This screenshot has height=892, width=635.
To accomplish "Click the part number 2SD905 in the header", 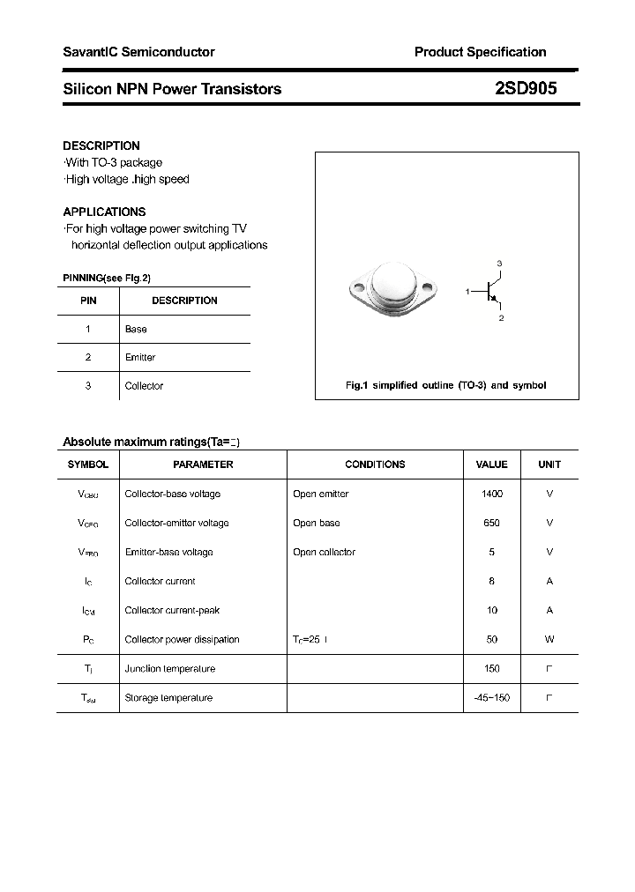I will click(525, 89).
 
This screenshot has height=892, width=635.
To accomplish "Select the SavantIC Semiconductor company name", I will click(138, 52).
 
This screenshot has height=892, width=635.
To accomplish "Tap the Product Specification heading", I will click(480, 52).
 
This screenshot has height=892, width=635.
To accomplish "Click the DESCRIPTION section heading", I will click(101, 145).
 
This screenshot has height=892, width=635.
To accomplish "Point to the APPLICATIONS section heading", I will click(104, 212).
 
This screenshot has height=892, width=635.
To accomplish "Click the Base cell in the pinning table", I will click(136, 329).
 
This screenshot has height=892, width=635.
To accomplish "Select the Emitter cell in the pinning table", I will click(140, 357).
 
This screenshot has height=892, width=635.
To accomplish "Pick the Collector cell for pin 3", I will click(144, 386).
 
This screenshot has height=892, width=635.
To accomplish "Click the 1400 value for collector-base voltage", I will click(491, 494).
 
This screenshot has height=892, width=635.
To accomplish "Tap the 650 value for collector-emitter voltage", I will click(491, 524).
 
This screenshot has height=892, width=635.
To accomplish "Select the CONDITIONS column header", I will click(375, 465).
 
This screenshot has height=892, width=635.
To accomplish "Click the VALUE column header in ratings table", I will click(491, 465).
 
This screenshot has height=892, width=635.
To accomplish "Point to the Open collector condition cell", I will click(324, 553).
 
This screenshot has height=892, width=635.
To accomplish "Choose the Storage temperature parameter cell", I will click(168, 698).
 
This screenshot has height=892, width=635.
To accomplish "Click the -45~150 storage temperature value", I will click(491, 698).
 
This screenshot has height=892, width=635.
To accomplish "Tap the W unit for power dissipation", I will click(549, 640).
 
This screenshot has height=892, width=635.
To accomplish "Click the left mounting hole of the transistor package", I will click(358, 286).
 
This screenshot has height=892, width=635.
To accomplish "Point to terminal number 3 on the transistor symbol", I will click(499, 264).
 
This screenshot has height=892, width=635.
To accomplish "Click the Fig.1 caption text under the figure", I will click(445, 385).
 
